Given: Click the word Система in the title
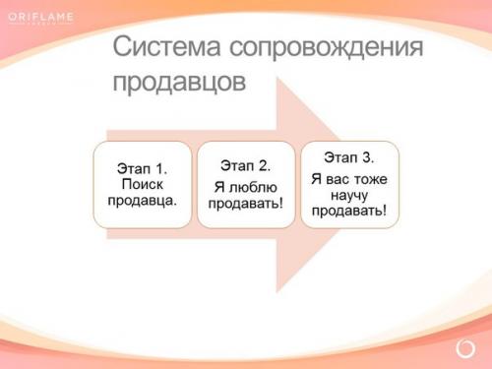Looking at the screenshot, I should pos(164,47).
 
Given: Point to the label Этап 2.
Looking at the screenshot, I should pos(245,164).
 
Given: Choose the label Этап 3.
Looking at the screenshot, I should pos(348,158).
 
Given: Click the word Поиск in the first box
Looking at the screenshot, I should pos(142,184).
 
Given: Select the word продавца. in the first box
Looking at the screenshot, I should pos(142,201).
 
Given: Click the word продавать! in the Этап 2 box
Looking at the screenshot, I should pos(245,204).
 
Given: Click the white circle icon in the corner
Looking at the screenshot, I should pos(465,348).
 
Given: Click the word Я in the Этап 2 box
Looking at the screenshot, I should pos(218,185).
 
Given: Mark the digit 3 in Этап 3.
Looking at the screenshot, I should pos(368,158).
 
